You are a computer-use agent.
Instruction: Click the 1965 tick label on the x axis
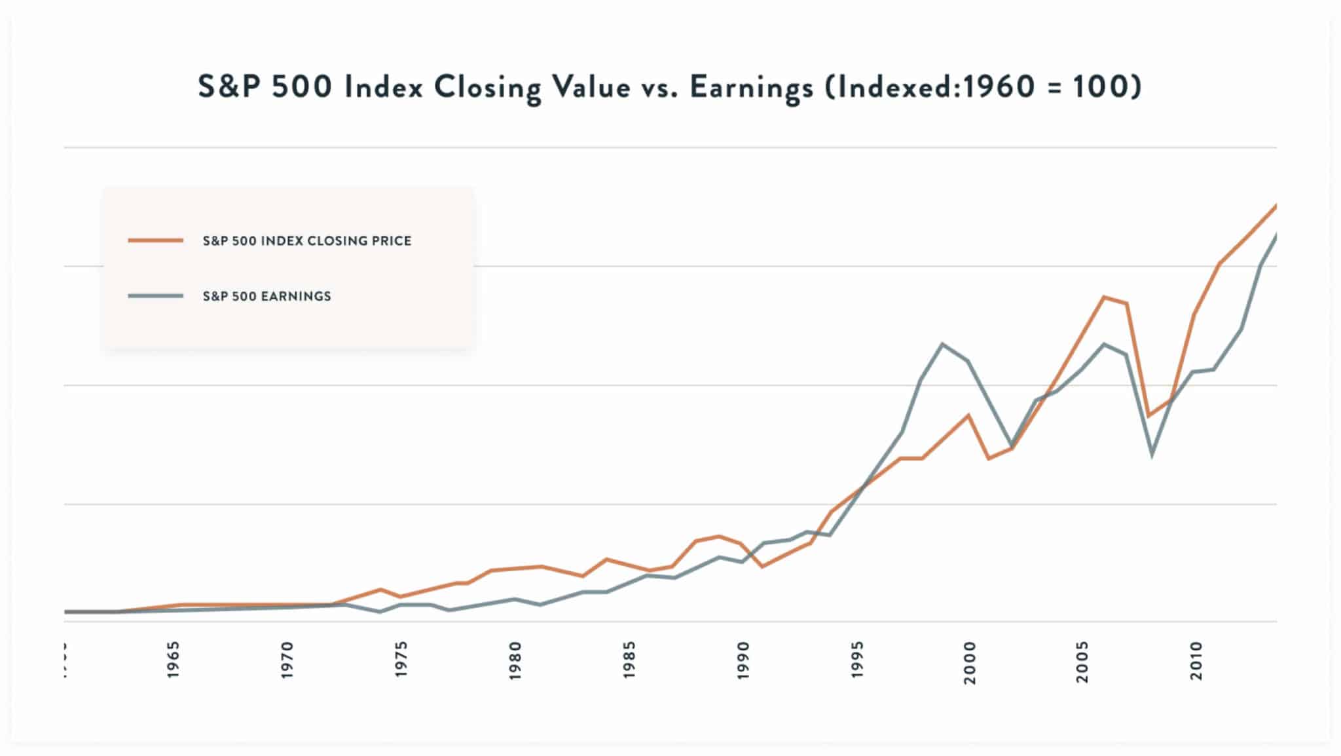coord(174,660)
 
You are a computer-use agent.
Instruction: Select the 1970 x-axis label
coord(287,660)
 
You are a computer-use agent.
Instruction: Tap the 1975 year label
coord(401,660)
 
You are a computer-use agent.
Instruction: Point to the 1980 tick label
coord(515,660)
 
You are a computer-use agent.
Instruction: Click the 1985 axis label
coord(629,660)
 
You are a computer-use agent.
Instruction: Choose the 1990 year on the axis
coord(743,660)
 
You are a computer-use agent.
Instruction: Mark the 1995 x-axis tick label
coord(857,660)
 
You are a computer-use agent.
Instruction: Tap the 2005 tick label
coord(1083,662)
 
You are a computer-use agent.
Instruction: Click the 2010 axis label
coord(1197,660)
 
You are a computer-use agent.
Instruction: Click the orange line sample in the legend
coord(156,240)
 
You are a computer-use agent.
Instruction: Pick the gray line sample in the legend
coord(156,296)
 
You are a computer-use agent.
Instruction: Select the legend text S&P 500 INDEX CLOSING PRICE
coord(307,240)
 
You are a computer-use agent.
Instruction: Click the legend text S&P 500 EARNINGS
coord(266,296)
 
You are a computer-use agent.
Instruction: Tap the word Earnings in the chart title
coord(750,87)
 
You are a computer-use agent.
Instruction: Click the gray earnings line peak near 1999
coord(942,344)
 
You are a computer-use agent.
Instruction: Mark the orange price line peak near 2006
coord(1104,297)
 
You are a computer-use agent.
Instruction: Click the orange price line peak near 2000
coord(968,415)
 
